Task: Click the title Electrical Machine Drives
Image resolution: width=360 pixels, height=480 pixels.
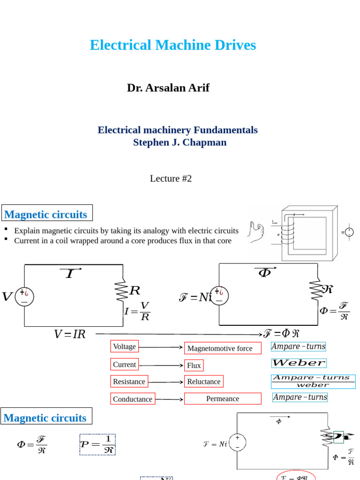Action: (x=172, y=45)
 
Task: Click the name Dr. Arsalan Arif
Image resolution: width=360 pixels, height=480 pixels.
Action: (x=168, y=88)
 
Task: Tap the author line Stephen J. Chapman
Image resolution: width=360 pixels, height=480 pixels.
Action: (x=180, y=142)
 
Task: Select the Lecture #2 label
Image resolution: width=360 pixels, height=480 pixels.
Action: (x=171, y=179)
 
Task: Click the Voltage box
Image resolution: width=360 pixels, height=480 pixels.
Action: (x=124, y=346)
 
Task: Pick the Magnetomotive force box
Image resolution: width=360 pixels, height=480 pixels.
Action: (x=222, y=348)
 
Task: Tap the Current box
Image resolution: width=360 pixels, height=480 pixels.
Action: (x=124, y=364)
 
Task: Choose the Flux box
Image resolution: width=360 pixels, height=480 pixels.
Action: (x=194, y=365)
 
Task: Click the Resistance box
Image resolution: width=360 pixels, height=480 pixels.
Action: (x=129, y=382)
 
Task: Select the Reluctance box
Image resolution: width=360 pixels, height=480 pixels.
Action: (x=203, y=382)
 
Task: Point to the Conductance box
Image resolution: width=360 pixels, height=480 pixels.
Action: (x=133, y=399)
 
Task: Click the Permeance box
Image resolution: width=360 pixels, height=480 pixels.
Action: (x=223, y=398)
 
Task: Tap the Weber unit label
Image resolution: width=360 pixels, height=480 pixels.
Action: (x=299, y=363)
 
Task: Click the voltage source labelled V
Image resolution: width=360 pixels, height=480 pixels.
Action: (x=24, y=296)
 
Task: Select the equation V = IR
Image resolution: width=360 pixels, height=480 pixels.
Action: (x=70, y=334)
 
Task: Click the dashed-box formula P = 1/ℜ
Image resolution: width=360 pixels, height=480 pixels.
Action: (x=97, y=444)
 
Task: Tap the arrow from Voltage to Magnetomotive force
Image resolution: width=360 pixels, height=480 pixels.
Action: (x=160, y=347)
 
